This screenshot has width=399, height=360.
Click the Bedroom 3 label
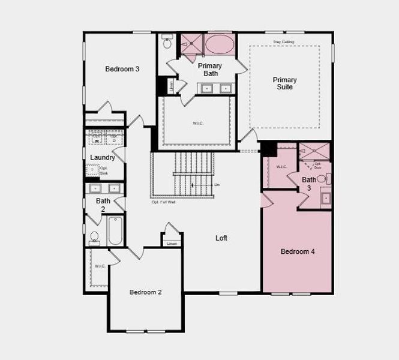tap(122, 69)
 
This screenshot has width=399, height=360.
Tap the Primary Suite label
tap(284, 83)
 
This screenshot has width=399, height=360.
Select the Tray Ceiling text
tap(284, 42)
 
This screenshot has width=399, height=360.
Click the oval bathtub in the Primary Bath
tap(220, 45)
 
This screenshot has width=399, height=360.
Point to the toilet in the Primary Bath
tap(167, 43)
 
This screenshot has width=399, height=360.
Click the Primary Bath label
tap(209, 70)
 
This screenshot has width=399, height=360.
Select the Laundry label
tap(103, 158)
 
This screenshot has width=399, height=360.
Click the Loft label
tap(221, 238)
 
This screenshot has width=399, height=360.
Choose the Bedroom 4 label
tap(298, 251)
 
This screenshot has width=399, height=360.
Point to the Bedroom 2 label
tap(146, 292)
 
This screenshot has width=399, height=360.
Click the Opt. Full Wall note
tap(163, 202)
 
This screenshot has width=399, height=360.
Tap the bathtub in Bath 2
tap(115, 230)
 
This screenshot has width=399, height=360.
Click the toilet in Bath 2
tap(94, 239)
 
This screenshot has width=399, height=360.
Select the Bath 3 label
tap(309, 184)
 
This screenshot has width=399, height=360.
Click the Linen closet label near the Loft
tap(172, 244)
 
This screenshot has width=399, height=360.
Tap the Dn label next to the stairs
tap(217, 184)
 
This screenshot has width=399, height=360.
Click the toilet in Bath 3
tap(322, 178)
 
